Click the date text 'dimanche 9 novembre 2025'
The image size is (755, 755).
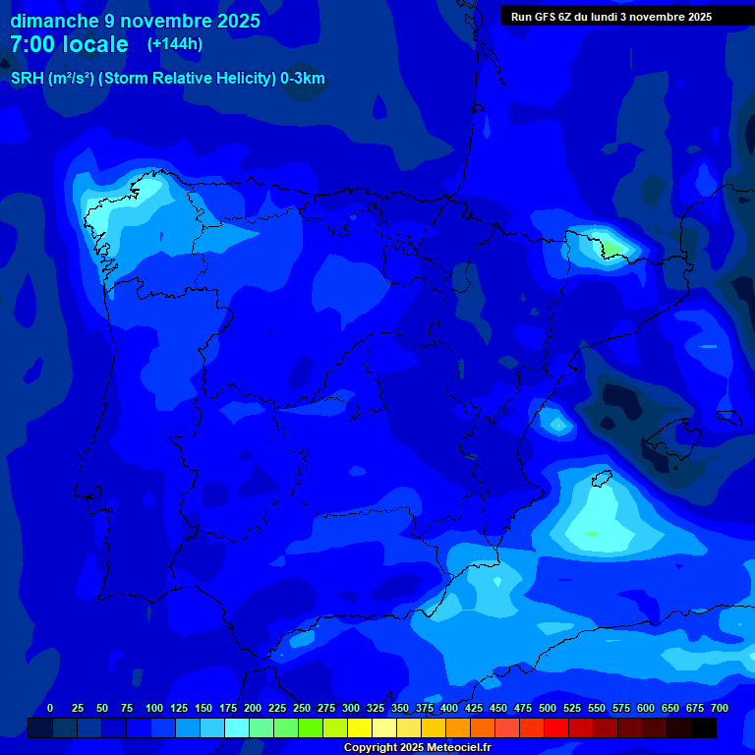135,21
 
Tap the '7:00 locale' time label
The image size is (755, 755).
69,44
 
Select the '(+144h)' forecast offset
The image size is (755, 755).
174,44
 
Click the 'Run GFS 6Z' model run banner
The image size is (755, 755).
610,17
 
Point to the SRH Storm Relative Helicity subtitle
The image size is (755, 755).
167,79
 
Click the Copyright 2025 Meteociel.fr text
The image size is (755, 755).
417,748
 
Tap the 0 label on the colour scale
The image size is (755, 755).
50,708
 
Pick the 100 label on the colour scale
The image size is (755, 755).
153,708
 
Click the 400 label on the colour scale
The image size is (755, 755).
448,708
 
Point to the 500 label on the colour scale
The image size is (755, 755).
547,708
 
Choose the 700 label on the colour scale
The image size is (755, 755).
719,708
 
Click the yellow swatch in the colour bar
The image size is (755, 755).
360,728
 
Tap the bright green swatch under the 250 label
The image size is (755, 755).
311,728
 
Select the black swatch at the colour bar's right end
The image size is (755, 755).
704,728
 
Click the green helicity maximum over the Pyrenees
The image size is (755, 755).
611,246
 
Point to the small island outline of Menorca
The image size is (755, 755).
728,417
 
